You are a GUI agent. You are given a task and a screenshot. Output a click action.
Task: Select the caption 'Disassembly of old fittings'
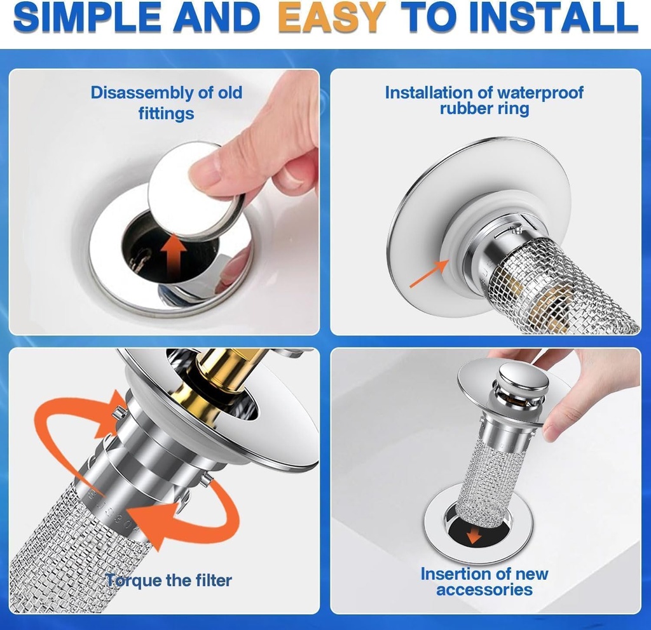(x=166, y=102)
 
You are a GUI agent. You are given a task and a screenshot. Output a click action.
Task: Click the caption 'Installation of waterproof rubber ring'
(x=484, y=100)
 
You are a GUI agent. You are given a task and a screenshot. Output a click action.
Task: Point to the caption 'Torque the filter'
(x=169, y=580)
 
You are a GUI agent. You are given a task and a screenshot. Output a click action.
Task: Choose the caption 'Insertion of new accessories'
(x=484, y=581)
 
